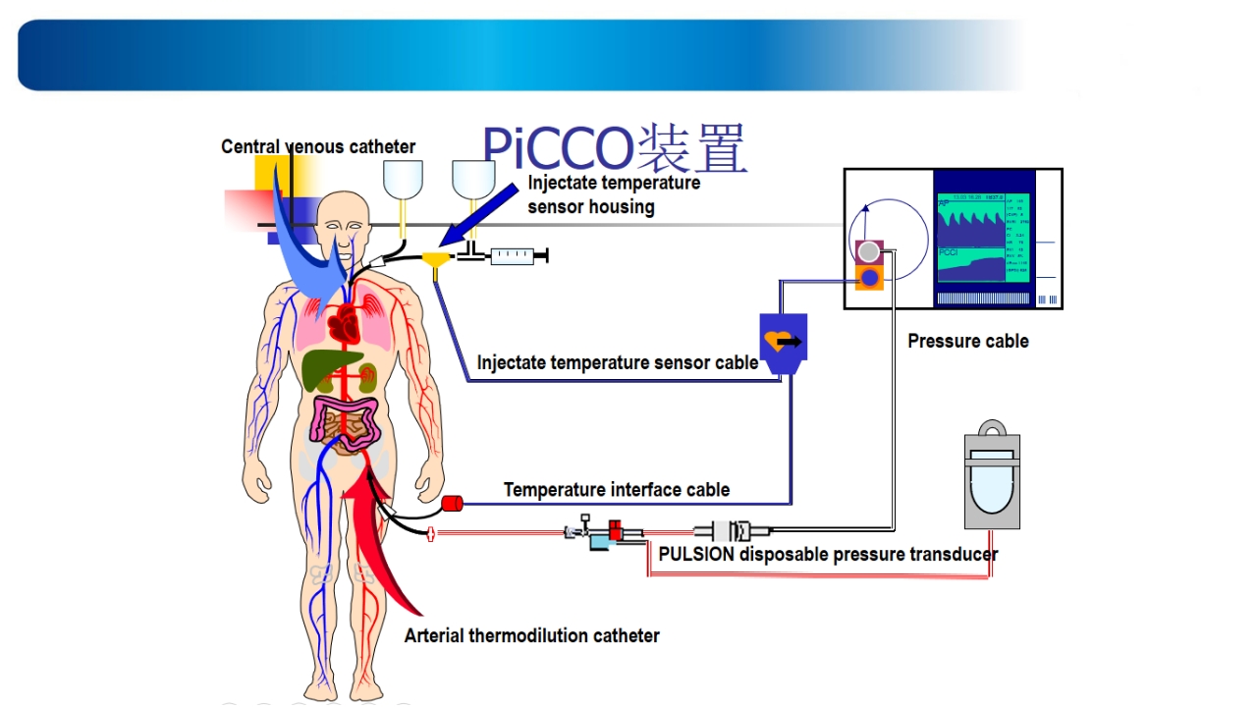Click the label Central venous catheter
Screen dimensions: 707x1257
(318, 147)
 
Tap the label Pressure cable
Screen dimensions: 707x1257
(967, 342)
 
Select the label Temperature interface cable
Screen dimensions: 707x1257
(617, 489)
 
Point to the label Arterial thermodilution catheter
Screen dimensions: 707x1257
(531, 635)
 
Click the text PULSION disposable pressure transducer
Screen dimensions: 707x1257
(828, 554)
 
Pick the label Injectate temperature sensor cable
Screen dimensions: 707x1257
(617, 362)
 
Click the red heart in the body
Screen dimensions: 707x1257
(346, 321)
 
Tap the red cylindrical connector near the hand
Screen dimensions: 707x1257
(453, 505)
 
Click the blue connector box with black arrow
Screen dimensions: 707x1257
(784, 342)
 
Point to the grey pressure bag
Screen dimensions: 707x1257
(991, 476)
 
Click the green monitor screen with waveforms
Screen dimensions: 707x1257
(982, 239)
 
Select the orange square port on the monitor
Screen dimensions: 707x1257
(868, 278)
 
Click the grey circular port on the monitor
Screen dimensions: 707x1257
(868, 251)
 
